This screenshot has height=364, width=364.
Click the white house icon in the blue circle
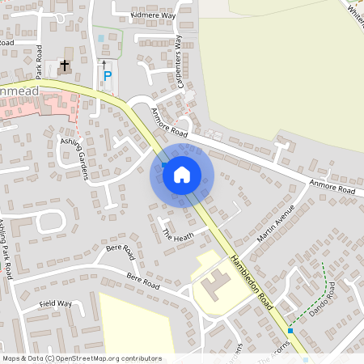coord(182,174)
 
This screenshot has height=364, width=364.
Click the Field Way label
coord(56,305)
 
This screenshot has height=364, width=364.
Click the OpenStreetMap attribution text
coord(82,358)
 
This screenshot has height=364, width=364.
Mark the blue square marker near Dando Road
coord(290,331)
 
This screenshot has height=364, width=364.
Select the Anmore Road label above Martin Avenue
coord(332,187)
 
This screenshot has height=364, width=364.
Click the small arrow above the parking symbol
coord(104,63)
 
